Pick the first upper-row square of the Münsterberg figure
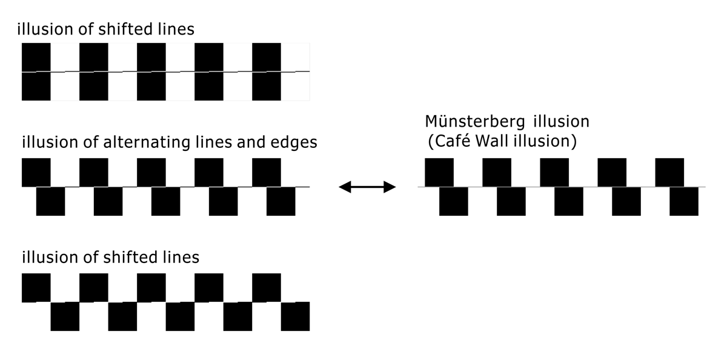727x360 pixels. click(439, 172)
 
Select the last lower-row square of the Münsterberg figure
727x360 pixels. click(683, 201)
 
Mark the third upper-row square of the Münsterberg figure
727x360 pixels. click(554, 172)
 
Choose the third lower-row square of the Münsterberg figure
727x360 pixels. click(568, 201)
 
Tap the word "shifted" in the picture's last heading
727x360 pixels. click(122, 257)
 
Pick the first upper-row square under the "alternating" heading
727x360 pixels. click(36, 172)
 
